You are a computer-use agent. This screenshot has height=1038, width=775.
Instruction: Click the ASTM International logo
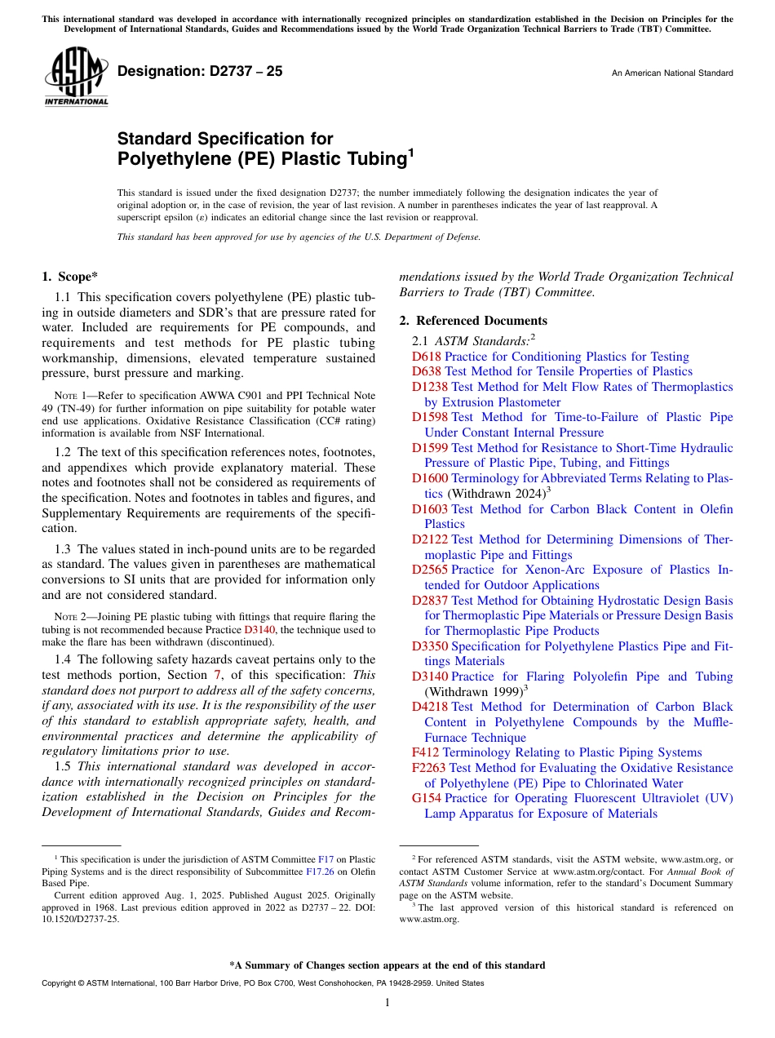tap(75, 78)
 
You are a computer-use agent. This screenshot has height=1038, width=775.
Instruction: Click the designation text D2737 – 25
tap(200, 71)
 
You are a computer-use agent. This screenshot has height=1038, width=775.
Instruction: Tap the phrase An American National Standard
tap(672, 73)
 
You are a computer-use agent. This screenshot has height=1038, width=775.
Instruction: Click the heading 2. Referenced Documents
tap(473, 321)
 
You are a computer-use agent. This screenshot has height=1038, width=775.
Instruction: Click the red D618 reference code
tap(426, 357)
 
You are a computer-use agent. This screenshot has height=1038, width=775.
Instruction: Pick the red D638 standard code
tap(426, 371)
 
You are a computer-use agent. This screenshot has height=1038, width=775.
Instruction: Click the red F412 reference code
tap(425, 752)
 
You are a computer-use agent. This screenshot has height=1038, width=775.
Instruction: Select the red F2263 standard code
tap(428, 768)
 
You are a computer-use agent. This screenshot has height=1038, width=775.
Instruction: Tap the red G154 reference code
tap(427, 798)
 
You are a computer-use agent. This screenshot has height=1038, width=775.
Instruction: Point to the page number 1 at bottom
tap(387, 1003)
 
